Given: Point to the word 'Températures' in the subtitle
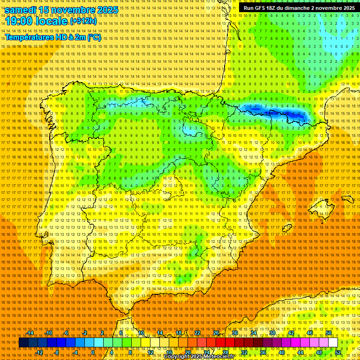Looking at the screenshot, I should pyautogui.click(x=29, y=37).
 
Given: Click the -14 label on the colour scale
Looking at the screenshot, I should pyautogui.click(x=30, y=333).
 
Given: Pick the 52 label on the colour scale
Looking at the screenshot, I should pyautogui.click(x=338, y=352).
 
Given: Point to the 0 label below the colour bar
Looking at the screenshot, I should pyautogui.click(x=93, y=352).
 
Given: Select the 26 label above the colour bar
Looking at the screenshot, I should pyautogui.click(x=216, y=333).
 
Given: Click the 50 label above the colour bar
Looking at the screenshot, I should pyautogui.click(x=329, y=333).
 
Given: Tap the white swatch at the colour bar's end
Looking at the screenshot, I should pyautogui.click(x=333, y=343).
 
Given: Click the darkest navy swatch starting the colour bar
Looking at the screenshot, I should pyautogui.click(x=23, y=343).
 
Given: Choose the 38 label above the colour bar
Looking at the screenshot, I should pyautogui.click(x=272, y=333).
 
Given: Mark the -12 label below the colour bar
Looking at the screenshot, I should pyautogui.click(x=39, y=352).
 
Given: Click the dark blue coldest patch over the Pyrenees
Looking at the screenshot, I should pyautogui.click(x=281, y=114).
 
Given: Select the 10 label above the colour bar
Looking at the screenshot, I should pyautogui.click(x=141, y=333).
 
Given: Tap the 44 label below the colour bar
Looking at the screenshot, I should pyautogui.click(x=300, y=352).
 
